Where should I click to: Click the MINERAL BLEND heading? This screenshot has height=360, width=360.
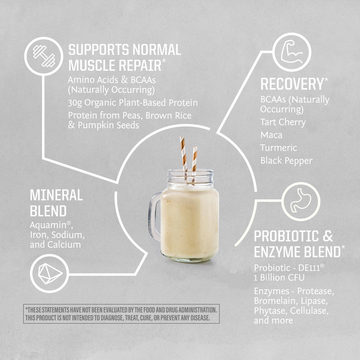tap(56, 203)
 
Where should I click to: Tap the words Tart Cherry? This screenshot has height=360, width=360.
tap(283, 122)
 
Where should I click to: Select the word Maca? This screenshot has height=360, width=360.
tap(271, 135)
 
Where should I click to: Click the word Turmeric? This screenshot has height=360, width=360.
tap(279, 148)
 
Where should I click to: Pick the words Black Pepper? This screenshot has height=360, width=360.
tap(286, 161)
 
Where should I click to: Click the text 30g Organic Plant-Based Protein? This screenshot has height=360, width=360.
tap(133, 103)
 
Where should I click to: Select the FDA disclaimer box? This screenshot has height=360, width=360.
tap(122, 314)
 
